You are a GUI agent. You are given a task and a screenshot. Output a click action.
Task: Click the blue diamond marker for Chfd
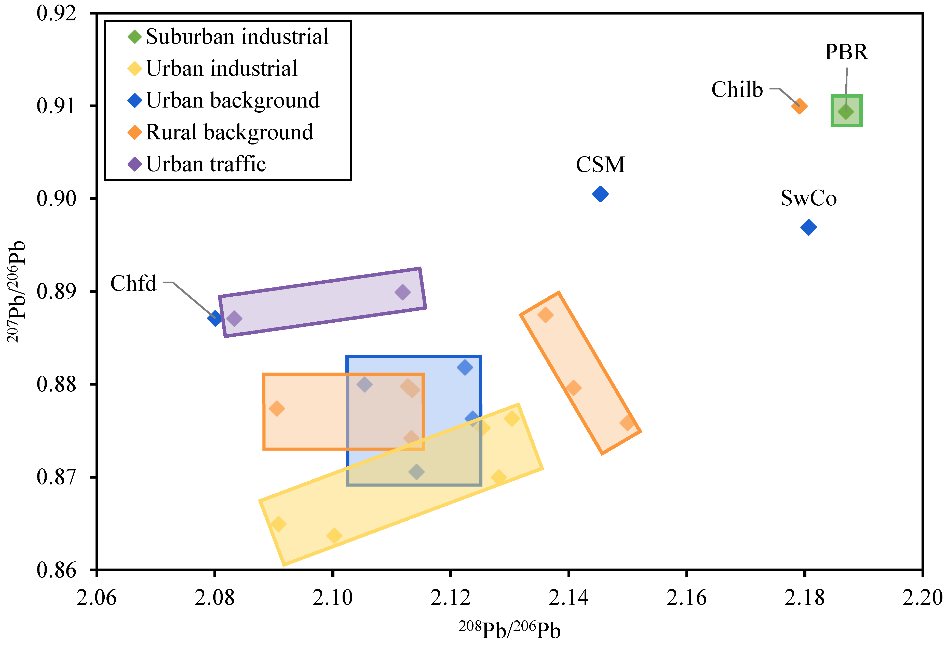tap(215, 318)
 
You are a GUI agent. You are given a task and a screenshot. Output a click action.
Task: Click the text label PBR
tap(846, 52)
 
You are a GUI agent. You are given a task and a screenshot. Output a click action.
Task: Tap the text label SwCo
tap(808, 198)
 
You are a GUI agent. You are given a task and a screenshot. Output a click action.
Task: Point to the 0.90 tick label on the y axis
tap(56, 199)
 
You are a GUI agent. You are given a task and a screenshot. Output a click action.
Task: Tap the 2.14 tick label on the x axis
tap(569, 598)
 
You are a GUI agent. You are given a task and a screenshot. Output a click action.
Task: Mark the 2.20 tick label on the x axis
tap(922, 598)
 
